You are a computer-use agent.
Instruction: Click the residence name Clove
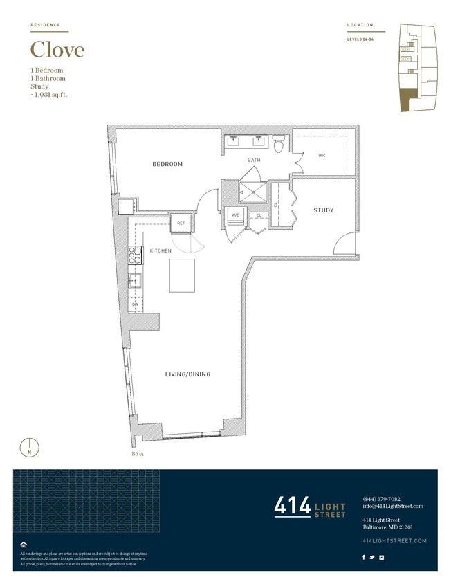(57, 50)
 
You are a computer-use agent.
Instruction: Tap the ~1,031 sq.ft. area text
(53, 95)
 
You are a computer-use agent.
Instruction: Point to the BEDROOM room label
(167, 164)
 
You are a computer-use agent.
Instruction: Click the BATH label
(254, 161)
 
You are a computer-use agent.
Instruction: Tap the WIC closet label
(322, 156)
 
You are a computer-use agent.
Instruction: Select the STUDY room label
(324, 210)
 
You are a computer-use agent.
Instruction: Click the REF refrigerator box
(181, 223)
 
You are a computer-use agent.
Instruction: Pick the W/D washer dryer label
(235, 215)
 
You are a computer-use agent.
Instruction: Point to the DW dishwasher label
(136, 304)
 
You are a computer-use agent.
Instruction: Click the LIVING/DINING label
(187, 374)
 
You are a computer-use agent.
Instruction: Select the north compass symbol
(29, 447)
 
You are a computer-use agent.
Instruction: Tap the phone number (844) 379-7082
(381, 499)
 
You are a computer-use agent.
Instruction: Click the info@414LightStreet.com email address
(392, 506)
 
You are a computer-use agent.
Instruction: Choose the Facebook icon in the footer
(365, 557)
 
